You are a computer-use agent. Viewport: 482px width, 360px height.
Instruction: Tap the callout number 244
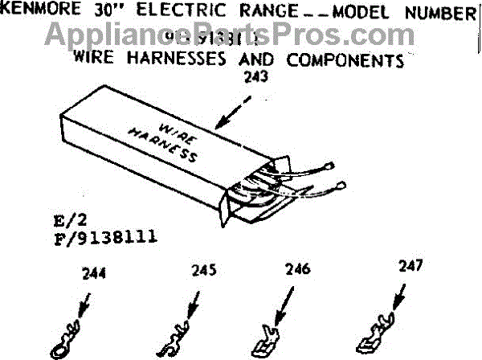pos(94,273)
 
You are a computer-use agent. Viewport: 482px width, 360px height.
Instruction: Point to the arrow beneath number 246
pos(282,304)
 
